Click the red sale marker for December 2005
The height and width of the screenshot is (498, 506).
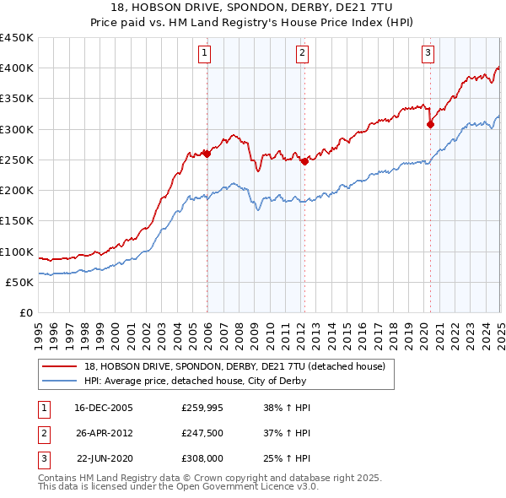207,154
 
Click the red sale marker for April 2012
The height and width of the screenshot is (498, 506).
304,161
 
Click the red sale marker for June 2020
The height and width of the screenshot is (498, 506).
430,124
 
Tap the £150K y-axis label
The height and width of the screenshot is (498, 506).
16,221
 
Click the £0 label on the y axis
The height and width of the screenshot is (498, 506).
25,313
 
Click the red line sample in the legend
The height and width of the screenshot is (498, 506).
59,366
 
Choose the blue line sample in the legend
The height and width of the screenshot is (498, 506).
59,380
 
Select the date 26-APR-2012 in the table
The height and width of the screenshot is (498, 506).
104,433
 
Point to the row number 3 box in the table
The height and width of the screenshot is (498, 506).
42,458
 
